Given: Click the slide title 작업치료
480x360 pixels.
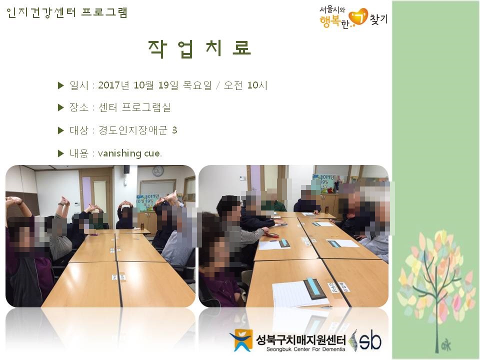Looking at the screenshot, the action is (x=199, y=48).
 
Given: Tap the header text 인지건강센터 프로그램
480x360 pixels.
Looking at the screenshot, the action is (x=66, y=12).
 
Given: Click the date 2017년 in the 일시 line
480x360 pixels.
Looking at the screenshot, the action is (x=113, y=85).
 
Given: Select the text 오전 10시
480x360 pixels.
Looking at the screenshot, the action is (x=245, y=85).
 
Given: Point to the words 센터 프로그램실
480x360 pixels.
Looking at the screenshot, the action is (x=134, y=107).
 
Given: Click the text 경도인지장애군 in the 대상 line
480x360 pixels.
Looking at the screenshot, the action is (x=133, y=130).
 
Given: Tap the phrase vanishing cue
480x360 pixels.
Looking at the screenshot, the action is (x=130, y=153).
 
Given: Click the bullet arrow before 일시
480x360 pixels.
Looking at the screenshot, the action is (x=60, y=85).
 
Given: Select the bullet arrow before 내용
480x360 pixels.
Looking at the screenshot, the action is (x=60, y=153).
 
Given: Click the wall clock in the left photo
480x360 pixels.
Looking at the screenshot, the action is (x=158, y=171).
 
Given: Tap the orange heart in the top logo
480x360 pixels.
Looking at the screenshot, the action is (x=358, y=16).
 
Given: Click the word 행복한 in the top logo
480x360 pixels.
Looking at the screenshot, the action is (x=334, y=22).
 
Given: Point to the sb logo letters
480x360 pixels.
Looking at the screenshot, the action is (x=370, y=340).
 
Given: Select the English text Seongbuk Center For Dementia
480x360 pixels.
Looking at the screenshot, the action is (x=305, y=349).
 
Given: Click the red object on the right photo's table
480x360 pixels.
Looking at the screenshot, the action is (x=272, y=235).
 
